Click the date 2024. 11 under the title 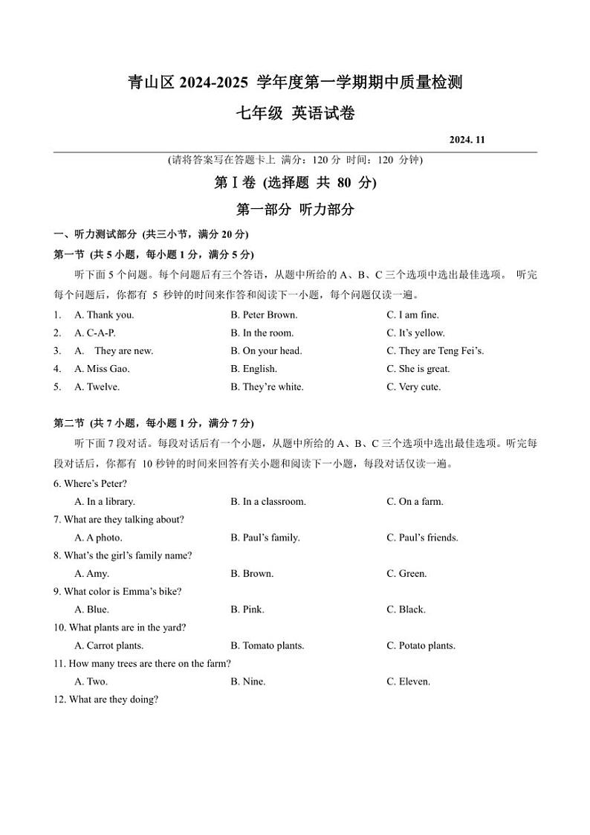tap(467, 140)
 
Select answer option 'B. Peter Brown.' tap(264, 315)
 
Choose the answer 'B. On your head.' tap(266, 351)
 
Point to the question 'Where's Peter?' tap(91, 483)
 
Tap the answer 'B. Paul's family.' tap(265, 538)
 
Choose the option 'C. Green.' tap(406, 573)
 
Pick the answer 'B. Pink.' tap(247, 610)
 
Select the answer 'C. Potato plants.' tap(421, 645)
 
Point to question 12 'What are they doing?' tap(106, 699)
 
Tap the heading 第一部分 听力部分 tap(295, 210)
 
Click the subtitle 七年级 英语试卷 tap(295, 114)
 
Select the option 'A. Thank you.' tap(104, 315)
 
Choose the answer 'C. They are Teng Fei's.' tap(435, 351)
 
